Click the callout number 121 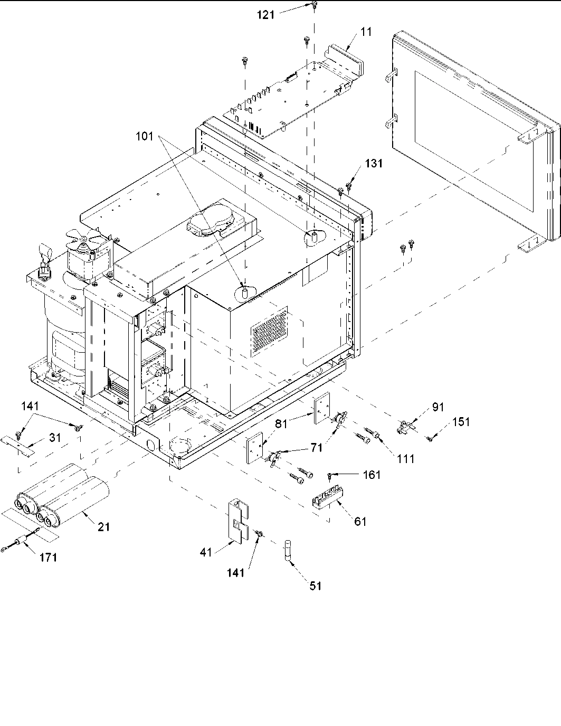(x=266, y=15)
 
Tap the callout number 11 (x=366, y=32)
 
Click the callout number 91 (x=438, y=407)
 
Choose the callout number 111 (x=406, y=459)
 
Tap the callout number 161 (x=372, y=475)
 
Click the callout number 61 (x=360, y=522)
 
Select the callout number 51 (x=315, y=585)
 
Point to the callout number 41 (x=206, y=553)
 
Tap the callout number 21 (x=104, y=526)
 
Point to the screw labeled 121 (x=314, y=6)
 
